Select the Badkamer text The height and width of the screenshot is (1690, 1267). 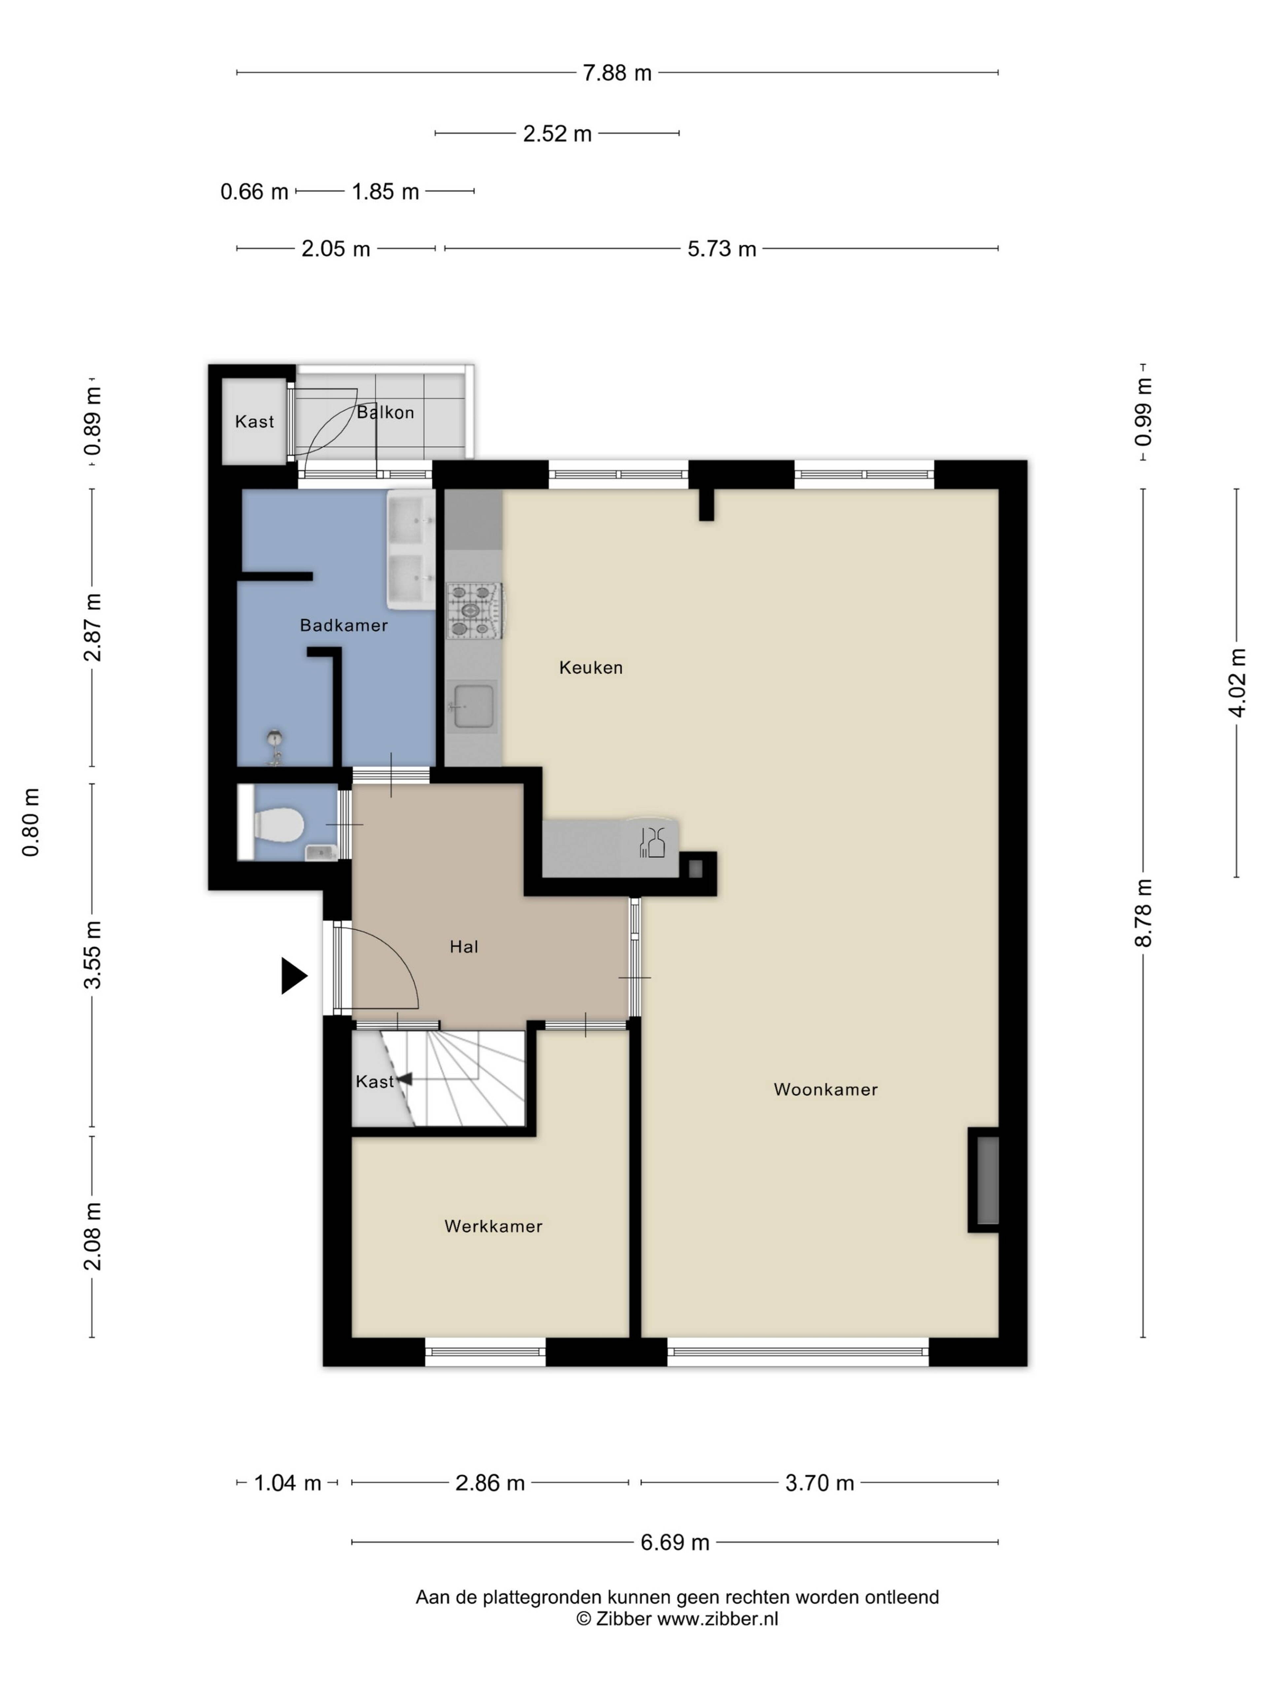[x=344, y=626]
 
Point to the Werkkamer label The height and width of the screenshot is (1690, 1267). [x=493, y=1226]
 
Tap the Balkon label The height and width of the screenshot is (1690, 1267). [x=386, y=413]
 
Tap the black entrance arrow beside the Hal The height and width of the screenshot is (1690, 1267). [x=293, y=976]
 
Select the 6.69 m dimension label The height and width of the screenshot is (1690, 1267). [x=674, y=1542]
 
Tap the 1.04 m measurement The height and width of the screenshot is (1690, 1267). [x=287, y=1483]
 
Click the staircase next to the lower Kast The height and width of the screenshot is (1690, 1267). [x=458, y=1078]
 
